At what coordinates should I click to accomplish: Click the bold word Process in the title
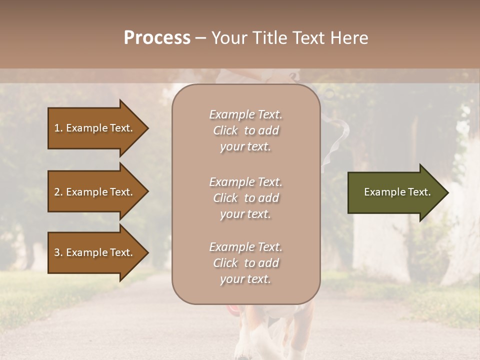[x=157, y=38]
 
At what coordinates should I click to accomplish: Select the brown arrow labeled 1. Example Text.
[x=95, y=128]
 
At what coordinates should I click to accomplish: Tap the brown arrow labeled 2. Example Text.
[x=95, y=192]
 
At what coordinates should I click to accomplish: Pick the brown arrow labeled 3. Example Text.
[x=95, y=252]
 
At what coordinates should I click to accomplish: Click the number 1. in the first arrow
[x=58, y=128]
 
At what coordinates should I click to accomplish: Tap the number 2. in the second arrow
[x=58, y=192]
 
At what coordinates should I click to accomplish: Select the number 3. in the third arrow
[x=58, y=252]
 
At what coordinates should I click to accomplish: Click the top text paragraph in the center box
[x=245, y=130]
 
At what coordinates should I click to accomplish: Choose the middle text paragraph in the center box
[x=245, y=198]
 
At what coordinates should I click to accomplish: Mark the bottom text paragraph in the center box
[x=245, y=263]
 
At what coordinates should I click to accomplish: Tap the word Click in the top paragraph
[x=225, y=130]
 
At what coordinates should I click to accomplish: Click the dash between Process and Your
[x=201, y=38]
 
